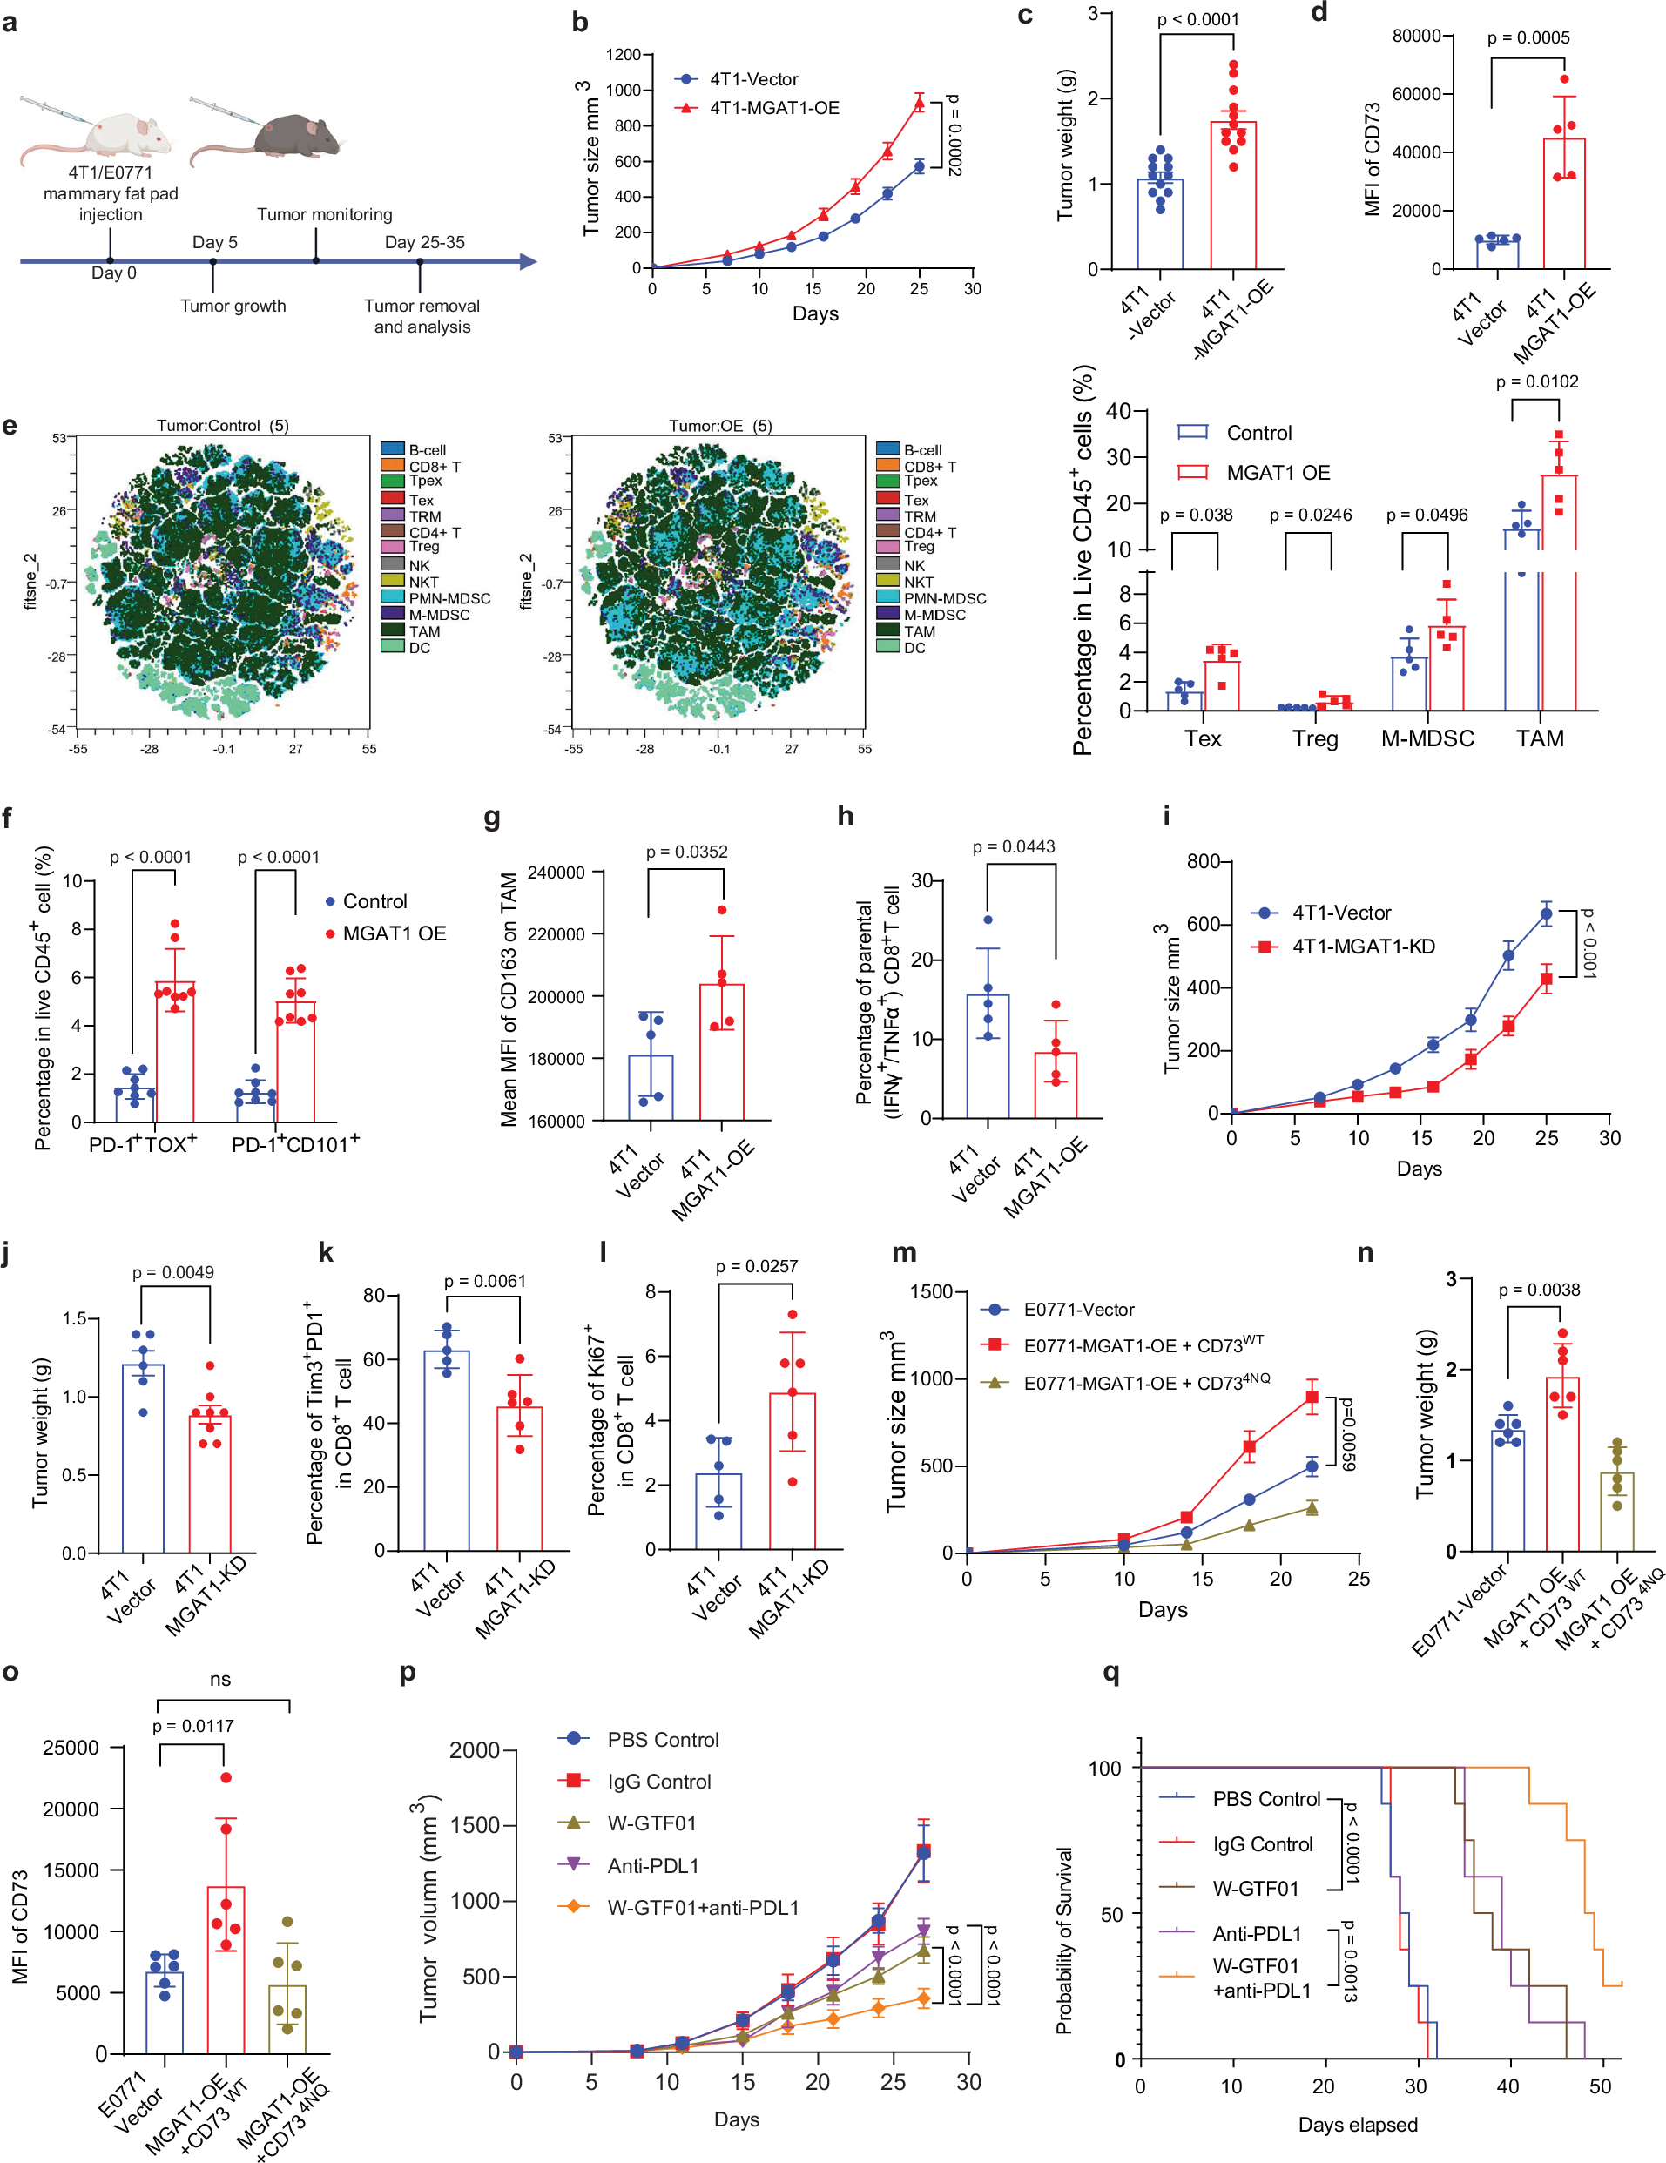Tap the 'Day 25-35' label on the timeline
click(424, 243)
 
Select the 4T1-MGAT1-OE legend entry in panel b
click(772, 108)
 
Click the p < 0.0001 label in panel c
click(1197, 19)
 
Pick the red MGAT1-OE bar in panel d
click(1564, 203)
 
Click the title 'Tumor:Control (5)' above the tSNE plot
click(222, 426)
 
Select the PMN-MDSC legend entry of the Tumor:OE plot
click(944, 598)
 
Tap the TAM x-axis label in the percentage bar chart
click(1539, 738)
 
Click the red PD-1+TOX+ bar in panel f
click(175, 1051)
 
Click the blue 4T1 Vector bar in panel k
click(446, 1451)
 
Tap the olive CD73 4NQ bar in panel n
click(1616, 1510)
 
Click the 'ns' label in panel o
click(219, 1679)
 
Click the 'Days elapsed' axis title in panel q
click(1357, 2125)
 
